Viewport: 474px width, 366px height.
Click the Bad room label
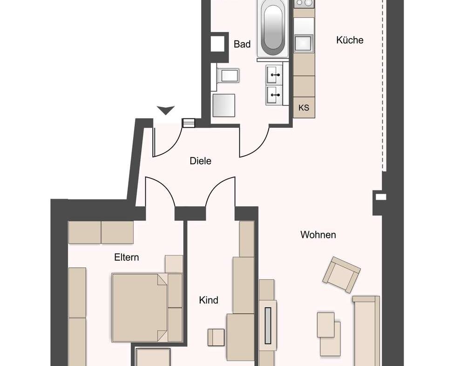pyautogui.click(x=242, y=44)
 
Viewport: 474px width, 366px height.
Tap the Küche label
pyautogui.click(x=350, y=40)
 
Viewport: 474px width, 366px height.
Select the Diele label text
pyautogui.click(x=200, y=161)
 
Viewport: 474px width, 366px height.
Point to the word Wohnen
pyautogui.click(x=318, y=235)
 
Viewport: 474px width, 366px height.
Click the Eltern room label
pyautogui.click(x=127, y=257)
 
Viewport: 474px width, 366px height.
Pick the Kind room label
pyautogui.click(x=209, y=300)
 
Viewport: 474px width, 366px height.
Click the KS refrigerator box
pyautogui.click(x=304, y=108)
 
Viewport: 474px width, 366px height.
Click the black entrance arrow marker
pyautogui.click(x=166, y=110)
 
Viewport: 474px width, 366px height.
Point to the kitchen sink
pyautogui.click(x=304, y=43)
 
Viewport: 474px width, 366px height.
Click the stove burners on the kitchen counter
pyautogui.click(x=304, y=3)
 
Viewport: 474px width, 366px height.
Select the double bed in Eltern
pyautogui.click(x=147, y=308)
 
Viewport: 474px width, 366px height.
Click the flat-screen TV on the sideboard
pyautogui.click(x=268, y=326)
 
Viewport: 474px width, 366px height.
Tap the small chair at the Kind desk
pyautogui.click(x=216, y=337)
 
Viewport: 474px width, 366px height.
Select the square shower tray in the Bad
pyautogui.click(x=224, y=105)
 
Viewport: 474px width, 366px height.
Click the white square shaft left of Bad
pyautogui.click(x=217, y=44)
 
